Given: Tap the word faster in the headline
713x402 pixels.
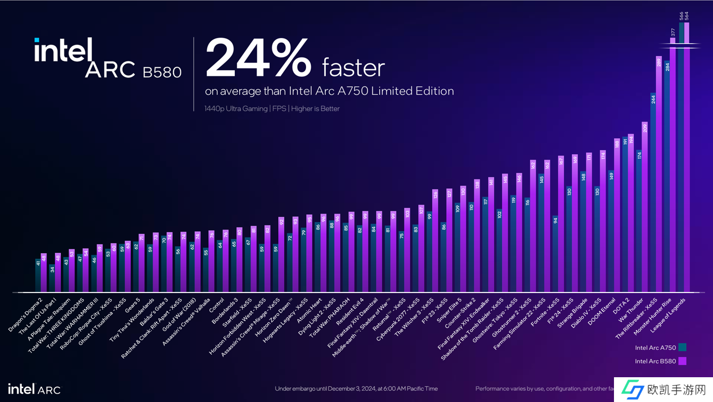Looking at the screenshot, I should (353, 67).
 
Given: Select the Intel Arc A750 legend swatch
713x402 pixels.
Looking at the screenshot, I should (682, 347).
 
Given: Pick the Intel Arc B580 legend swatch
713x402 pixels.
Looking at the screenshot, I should (682, 361).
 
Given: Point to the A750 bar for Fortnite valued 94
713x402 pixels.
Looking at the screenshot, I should (555, 254).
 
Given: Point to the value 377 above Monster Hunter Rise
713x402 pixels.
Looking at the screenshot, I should (673, 32).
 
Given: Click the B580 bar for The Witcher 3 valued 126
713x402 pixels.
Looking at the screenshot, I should (435, 241).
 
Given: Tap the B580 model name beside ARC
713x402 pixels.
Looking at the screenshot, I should (162, 72).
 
